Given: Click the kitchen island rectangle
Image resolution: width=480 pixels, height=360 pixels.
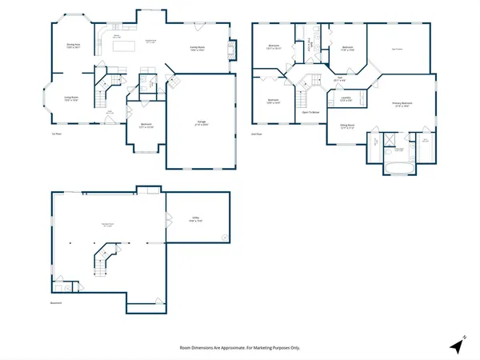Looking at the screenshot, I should click(124, 47).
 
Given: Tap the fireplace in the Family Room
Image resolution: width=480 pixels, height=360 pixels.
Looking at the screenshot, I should click(233, 50).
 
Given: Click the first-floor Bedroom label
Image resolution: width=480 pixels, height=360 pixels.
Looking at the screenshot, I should click(146, 126).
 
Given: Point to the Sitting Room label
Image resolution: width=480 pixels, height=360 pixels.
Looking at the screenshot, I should click(346, 126).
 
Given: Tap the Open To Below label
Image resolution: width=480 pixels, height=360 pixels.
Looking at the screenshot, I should click(311, 112).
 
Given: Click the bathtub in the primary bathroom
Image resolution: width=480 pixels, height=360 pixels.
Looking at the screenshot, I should click(398, 169).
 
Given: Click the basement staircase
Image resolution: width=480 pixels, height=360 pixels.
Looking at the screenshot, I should click(105, 262).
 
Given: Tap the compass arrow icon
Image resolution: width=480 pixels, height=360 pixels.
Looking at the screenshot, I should click(457, 346).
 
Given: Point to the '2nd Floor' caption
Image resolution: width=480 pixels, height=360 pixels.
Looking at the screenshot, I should click(258, 132).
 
